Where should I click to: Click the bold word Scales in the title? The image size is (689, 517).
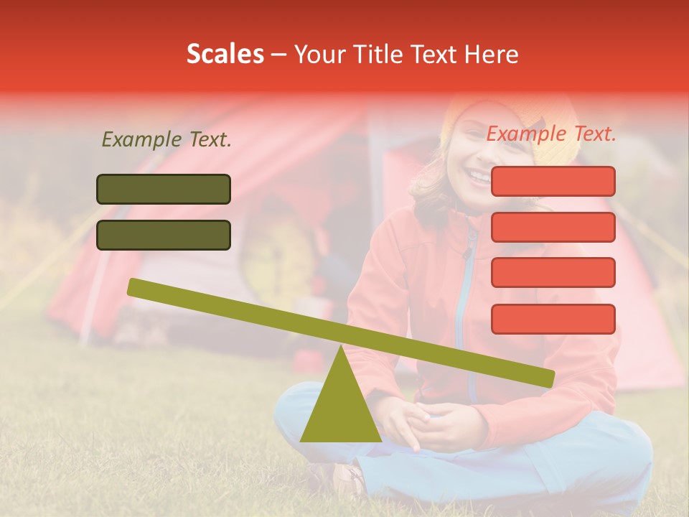225,54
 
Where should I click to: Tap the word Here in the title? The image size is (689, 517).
492,54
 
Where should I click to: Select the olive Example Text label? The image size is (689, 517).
167,139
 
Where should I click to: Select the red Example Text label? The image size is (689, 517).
551,134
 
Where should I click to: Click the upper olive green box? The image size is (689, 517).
164,189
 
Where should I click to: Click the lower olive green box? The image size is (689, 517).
164,235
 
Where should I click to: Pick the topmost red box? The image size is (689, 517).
553,181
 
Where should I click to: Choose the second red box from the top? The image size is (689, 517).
553,227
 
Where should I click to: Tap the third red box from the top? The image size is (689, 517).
553,273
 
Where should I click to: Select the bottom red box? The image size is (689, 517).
553,319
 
